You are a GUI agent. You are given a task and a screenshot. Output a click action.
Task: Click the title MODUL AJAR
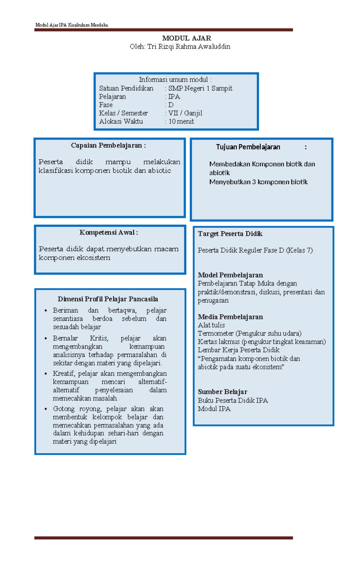click(x=186, y=38)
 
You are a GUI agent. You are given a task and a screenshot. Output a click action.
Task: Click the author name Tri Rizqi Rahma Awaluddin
click(x=189, y=47)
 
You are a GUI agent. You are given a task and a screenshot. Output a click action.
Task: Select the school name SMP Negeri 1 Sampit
click(x=200, y=88)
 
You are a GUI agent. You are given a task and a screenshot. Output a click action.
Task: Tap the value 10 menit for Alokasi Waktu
click(x=181, y=122)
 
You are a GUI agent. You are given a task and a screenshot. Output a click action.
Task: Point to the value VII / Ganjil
click(x=185, y=113)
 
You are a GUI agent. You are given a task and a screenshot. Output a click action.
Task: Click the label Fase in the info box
click(x=106, y=105)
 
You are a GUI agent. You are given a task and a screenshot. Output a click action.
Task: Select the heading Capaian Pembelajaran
click(x=108, y=146)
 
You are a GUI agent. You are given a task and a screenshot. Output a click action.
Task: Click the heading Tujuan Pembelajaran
click(x=248, y=147)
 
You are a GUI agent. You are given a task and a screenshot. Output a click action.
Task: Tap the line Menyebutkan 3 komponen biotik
click(x=258, y=182)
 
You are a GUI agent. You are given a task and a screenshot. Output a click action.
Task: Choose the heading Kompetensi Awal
click(x=109, y=233)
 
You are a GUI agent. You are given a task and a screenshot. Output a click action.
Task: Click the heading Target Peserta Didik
click(x=230, y=234)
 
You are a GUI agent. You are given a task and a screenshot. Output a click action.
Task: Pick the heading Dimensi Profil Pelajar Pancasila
click(x=108, y=299)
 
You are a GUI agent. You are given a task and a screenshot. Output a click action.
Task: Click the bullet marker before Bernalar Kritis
click(x=46, y=339)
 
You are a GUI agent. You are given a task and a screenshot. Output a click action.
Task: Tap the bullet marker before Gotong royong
click(x=46, y=409)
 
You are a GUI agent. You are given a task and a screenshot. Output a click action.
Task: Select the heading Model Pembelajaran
click(x=230, y=275)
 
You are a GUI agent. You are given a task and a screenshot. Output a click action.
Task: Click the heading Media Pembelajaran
click(x=230, y=317)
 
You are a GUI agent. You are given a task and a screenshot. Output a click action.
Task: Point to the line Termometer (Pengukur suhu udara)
click(x=249, y=333)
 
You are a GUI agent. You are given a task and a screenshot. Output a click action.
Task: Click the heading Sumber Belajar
click(x=222, y=392)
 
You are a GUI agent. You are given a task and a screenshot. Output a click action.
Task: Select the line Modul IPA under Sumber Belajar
click(x=214, y=409)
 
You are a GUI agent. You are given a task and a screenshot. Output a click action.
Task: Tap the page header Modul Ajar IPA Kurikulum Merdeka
click(x=71, y=25)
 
